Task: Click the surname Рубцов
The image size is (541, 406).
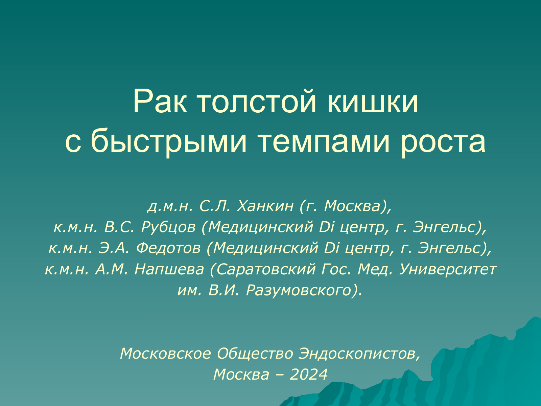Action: (x=169, y=227)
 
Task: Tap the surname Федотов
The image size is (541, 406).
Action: (x=168, y=248)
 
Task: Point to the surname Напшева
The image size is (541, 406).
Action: (x=169, y=269)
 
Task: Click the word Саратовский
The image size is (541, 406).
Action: (x=266, y=269)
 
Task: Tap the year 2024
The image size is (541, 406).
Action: (x=309, y=375)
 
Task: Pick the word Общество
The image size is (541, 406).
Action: (x=255, y=354)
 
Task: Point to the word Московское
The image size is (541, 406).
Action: (x=165, y=354)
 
